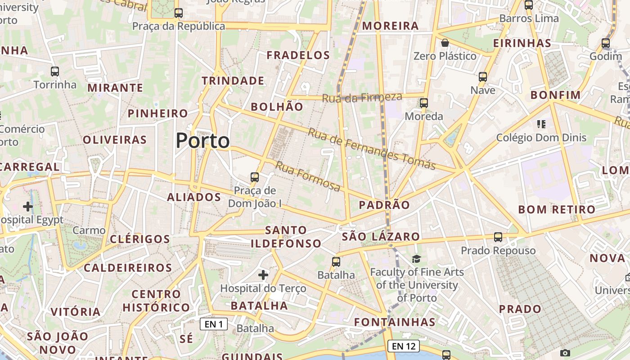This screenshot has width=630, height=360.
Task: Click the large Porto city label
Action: point(202,141)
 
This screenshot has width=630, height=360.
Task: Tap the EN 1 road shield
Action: point(214,324)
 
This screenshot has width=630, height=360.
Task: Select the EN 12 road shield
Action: point(404,346)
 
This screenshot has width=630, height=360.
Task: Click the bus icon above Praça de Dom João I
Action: point(255,177)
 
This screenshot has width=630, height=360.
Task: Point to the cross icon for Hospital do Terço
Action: point(263,274)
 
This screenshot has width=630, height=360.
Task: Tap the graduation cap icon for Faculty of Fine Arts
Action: point(417,259)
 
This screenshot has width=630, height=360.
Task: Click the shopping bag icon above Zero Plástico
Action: point(445,43)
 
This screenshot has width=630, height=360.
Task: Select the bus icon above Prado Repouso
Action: point(498,237)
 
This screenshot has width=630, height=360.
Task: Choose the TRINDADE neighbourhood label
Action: point(233,81)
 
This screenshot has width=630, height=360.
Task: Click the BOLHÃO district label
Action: point(277,107)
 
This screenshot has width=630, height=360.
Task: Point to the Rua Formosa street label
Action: point(308,176)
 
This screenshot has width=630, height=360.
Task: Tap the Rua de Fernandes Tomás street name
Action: point(372,149)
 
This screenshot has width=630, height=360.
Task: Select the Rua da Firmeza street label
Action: point(362,97)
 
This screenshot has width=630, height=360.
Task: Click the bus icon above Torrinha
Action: point(55,72)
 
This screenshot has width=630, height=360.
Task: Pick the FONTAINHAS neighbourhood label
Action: point(395,322)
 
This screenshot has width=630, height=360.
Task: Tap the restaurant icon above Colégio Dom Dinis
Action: point(541,124)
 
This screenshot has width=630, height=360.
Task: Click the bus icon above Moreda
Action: point(424,103)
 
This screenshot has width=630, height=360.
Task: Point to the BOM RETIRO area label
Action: point(557,210)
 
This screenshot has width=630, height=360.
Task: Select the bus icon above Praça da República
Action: point(179,13)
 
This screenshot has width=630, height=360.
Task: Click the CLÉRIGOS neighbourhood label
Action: point(140,239)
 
